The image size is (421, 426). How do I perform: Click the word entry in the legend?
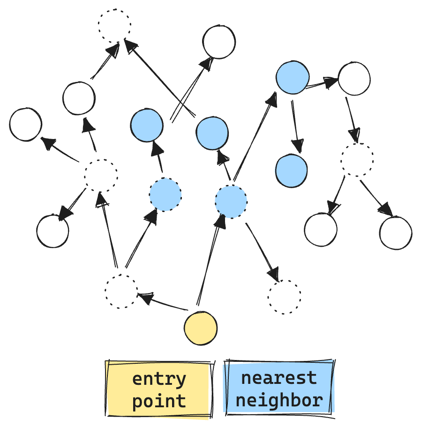[x=159, y=379]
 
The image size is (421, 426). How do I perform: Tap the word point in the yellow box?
[x=159, y=401]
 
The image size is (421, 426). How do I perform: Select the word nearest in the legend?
[x=279, y=378]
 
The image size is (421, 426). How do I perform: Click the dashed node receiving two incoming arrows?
[x=114, y=25]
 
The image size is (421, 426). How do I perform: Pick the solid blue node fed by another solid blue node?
[x=291, y=170]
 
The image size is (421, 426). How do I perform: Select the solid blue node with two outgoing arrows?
[x=293, y=78]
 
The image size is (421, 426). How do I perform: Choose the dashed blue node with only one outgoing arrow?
[x=165, y=195]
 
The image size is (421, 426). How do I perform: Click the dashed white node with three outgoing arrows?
[x=101, y=176]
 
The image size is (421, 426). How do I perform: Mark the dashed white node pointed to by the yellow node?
[x=121, y=292]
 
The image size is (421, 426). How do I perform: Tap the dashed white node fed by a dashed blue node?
[x=285, y=297]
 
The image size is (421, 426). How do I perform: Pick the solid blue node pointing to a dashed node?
[x=212, y=133]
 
